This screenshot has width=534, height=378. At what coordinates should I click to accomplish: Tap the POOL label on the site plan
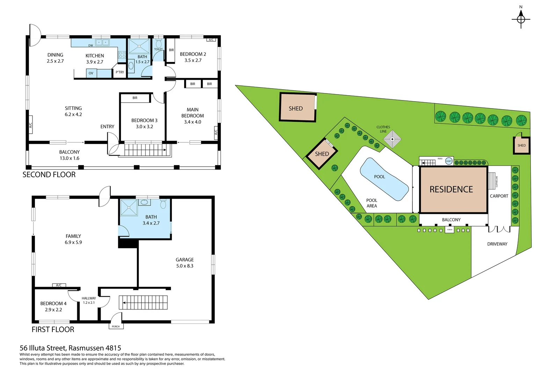point(380,177)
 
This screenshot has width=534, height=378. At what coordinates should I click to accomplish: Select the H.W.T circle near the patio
point(449,161)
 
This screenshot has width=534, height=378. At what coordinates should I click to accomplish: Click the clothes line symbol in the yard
point(392,139)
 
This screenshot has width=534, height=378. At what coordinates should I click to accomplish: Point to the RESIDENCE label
point(451,189)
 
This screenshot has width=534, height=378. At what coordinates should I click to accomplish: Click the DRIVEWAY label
point(497,244)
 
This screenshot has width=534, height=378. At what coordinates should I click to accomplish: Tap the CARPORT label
point(499,196)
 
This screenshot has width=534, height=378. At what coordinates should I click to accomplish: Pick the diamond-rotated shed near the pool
point(322,154)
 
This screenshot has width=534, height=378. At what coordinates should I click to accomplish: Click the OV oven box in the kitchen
point(91,73)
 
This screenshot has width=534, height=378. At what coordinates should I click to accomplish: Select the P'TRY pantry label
point(120,72)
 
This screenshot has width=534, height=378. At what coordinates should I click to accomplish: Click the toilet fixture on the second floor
point(159,44)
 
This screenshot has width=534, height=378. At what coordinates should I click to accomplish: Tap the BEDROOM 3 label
point(144,120)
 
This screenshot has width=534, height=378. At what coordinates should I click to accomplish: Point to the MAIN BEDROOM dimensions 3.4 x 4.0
point(193,122)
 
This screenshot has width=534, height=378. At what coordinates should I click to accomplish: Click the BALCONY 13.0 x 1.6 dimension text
point(70,158)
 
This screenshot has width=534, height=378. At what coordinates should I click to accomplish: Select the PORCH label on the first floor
point(116,327)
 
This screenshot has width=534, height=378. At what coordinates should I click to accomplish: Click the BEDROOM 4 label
point(53,303)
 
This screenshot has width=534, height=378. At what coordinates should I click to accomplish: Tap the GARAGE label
point(185,260)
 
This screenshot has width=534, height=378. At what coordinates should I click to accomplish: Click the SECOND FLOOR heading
point(49,175)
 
